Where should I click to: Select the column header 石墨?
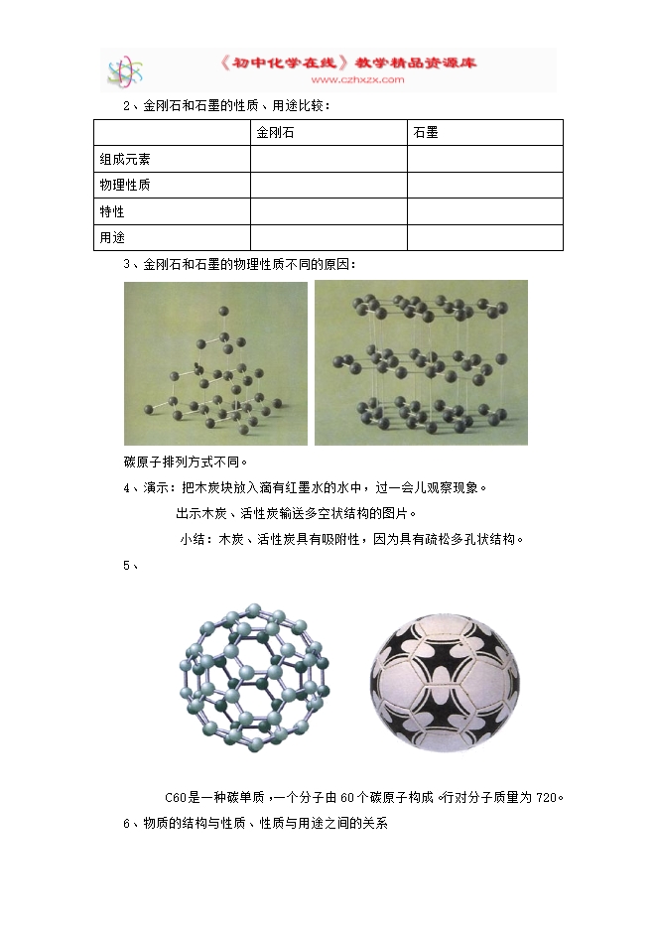[x=426, y=132]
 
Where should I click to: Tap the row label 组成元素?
[x=125, y=159]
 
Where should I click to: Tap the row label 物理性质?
[x=125, y=186]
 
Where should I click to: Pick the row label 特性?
[x=112, y=211]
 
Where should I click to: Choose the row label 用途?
[x=112, y=238]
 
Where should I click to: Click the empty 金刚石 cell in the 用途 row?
[x=328, y=238]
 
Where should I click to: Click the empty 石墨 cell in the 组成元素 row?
[x=484, y=159]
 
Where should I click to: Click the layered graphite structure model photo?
[x=421, y=363]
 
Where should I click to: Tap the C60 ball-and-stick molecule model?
[x=255, y=672]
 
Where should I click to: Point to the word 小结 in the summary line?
[x=192, y=539]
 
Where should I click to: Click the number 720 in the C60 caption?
[x=547, y=797]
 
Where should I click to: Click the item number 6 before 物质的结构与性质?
[x=126, y=823]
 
